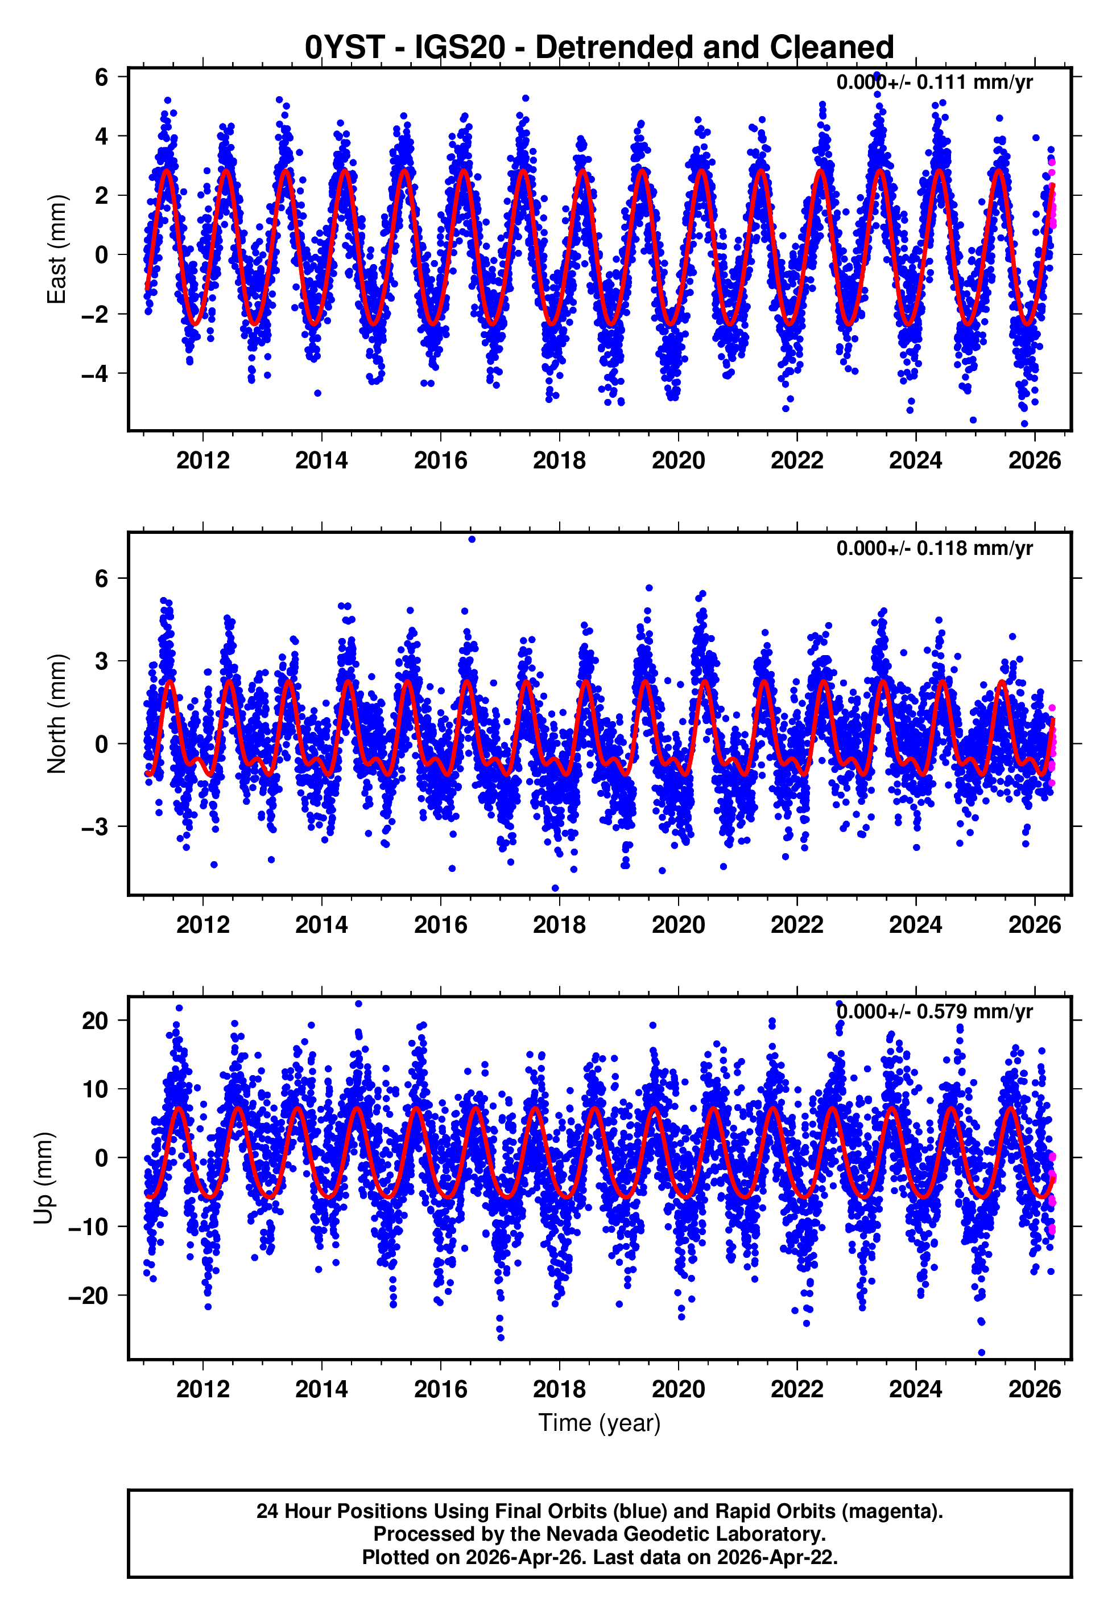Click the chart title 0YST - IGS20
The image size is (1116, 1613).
[600, 48]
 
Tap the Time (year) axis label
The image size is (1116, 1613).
[600, 1423]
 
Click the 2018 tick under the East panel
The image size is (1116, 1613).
[559, 460]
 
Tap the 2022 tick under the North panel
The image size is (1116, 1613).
[796, 925]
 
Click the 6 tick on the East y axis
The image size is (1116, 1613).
[101, 77]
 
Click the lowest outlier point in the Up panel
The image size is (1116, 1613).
[981, 1352]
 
